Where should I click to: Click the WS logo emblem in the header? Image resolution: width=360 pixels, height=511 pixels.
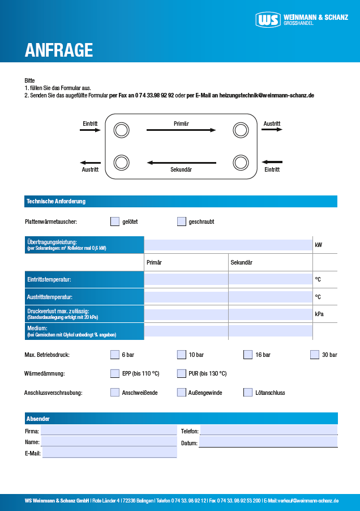[268, 20]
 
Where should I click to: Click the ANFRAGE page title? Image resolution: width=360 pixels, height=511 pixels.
[58, 50]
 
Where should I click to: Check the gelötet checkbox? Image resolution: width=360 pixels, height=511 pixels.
[115, 222]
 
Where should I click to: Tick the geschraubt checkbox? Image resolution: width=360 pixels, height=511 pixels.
[182, 222]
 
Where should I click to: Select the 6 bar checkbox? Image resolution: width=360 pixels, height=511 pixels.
[115, 355]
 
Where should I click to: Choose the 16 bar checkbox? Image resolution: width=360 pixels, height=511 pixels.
[248, 355]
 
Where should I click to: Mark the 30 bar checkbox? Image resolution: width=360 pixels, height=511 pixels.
[315, 355]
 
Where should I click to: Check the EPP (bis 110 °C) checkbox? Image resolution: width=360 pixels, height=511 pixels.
[115, 373]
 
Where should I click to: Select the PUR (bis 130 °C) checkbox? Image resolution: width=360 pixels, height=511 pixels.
[182, 373]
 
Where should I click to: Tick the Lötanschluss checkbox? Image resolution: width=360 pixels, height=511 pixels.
[248, 392]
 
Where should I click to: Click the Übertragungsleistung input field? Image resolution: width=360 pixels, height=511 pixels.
[228, 245]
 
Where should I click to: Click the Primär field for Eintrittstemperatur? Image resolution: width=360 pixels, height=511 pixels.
[186, 279]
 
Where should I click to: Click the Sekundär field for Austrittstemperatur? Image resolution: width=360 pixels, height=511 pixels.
[270, 297]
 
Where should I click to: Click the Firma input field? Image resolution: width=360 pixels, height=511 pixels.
[108, 431]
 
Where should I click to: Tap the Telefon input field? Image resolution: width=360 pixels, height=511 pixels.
[268, 431]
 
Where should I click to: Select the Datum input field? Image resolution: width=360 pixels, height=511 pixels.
[268, 442]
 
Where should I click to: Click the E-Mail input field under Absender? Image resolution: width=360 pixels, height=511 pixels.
[109, 453]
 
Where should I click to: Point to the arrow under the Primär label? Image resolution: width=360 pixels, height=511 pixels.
[181, 130]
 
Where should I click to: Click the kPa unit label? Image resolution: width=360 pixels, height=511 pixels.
[320, 313]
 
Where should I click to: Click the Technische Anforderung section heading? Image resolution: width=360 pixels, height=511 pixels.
[56, 201]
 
